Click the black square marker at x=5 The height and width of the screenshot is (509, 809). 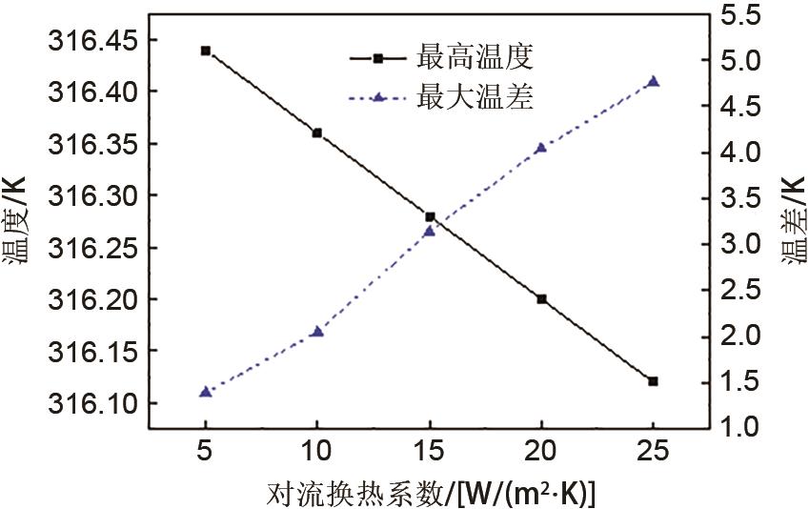(x=205, y=51)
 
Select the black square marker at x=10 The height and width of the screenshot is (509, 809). (x=317, y=133)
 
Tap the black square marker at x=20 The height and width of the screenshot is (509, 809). (x=541, y=298)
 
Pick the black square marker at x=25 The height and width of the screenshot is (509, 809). (x=653, y=381)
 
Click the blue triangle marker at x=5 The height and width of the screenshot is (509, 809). (x=205, y=392)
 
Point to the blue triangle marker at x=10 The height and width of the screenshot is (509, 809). (x=317, y=331)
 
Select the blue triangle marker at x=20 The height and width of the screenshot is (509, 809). (x=541, y=148)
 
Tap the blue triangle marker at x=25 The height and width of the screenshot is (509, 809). (x=653, y=81)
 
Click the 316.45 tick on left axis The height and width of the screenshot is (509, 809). (x=91, y=40)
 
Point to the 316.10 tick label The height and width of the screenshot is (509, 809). (x=91, y=403)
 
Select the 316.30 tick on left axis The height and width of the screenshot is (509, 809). (x=91, y=195)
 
